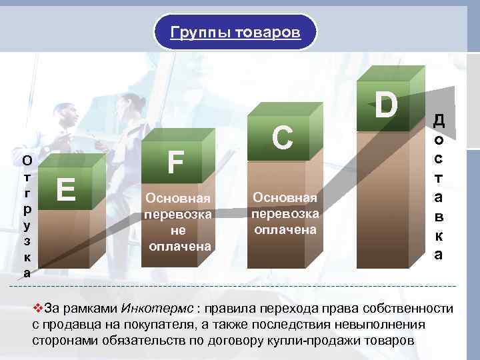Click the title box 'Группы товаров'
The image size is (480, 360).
[235, 32]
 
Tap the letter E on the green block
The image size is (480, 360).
[65, 190]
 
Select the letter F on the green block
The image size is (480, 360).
[175, 162]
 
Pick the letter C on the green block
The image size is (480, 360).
[283, 138]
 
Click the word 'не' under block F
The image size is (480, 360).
[179, 231]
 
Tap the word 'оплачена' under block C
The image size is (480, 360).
[285, 230]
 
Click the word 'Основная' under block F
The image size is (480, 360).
[178, 199]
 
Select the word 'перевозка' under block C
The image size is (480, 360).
[285, 214]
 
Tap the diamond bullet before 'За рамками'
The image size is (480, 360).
[37, 309]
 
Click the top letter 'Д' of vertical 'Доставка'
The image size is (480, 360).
[438, 121]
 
